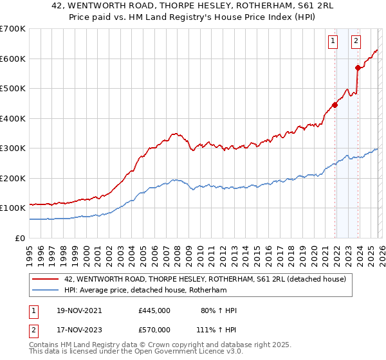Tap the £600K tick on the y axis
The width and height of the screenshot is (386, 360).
[12, 59]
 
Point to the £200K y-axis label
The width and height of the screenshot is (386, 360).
[12, 178]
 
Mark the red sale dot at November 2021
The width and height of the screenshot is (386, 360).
[335, 105]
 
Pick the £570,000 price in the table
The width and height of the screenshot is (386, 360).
[154, 329]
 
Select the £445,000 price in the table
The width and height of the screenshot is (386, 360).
[154, 310]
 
